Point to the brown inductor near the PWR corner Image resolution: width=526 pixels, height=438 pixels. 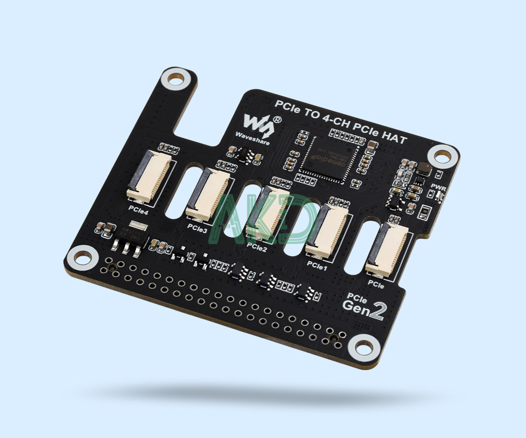click(x=424, y=171)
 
